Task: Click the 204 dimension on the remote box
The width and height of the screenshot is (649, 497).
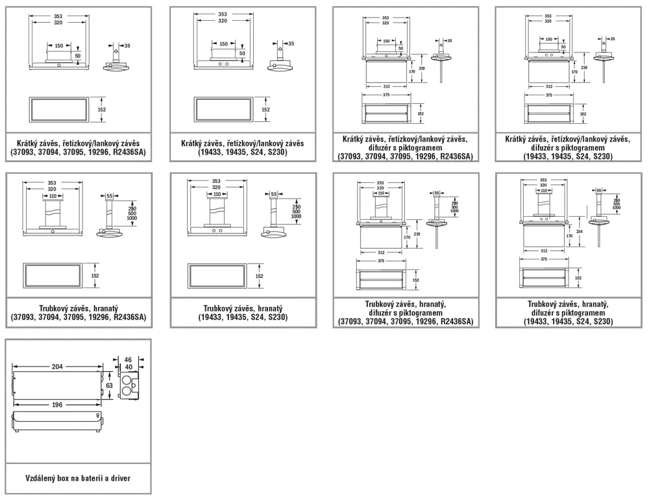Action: point(58,367)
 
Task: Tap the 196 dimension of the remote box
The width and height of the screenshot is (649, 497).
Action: point(58,406)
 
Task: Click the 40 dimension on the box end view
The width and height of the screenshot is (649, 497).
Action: point(129,367)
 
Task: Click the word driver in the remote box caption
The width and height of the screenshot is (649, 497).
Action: point(118,478)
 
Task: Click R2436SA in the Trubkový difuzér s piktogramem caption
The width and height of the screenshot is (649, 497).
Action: point(456,322)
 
